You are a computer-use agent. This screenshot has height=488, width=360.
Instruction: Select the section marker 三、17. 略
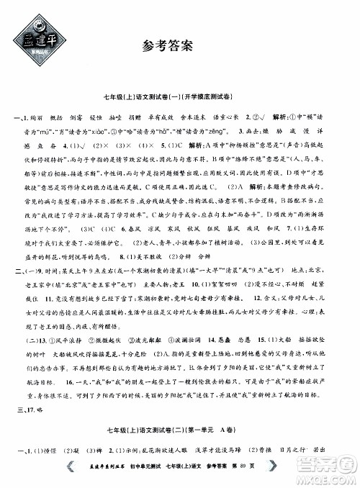click(21, 408)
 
